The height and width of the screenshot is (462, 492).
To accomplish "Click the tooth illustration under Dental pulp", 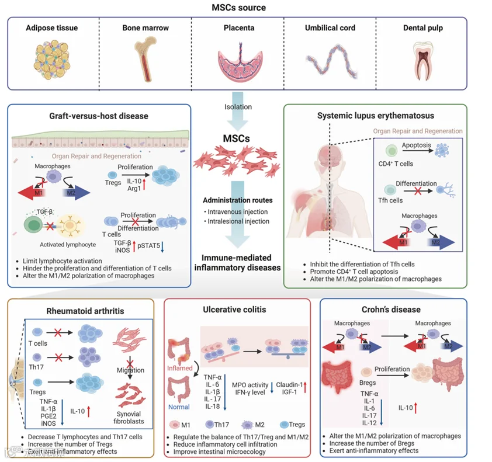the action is (423, 61).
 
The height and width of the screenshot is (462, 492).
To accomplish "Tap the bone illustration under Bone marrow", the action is (145, 58).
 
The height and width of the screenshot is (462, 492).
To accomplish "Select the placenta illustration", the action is (240, 62).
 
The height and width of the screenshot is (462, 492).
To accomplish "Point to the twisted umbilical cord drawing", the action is (331, 61).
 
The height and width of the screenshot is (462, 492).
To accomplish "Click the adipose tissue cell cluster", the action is (52, 60).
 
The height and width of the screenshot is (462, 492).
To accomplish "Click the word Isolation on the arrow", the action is (238, 107).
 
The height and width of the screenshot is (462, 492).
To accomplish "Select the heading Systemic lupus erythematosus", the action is (376, 116).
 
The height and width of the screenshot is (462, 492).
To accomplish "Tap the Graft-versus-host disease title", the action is (99, 116).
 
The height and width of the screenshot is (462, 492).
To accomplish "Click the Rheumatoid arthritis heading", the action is (85, 311).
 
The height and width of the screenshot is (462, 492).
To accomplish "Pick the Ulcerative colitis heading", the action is (234, 310).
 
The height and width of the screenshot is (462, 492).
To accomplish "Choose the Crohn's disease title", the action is (391, 310).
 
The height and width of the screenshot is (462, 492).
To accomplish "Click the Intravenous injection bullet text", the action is (238, 211).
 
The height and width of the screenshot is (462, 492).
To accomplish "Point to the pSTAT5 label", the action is (149, 245).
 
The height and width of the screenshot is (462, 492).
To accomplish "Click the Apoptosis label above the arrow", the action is (417, 145).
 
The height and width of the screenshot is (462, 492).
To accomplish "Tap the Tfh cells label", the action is (390, 200).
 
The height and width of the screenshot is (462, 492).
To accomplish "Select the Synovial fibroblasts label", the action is (129, 418).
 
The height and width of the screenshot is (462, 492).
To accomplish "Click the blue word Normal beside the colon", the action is (179, 407).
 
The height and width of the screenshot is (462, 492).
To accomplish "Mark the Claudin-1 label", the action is (289, 384).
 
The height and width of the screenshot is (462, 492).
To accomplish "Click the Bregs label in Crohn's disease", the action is (368, 383).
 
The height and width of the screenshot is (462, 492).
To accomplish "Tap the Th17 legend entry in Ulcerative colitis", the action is (217, 425).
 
